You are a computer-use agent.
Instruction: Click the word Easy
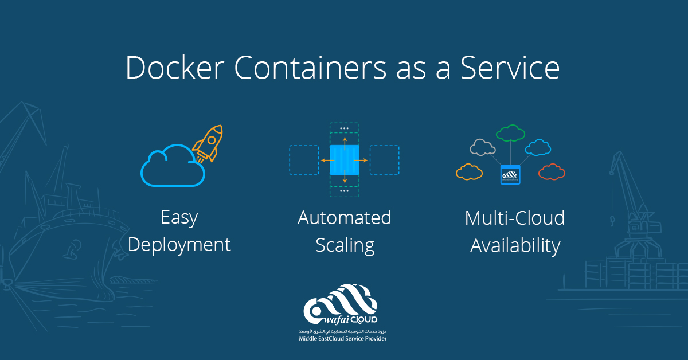[x=179, y=218]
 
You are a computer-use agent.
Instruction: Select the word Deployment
[x=179, y=245]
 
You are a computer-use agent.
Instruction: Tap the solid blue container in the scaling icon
[x=344, y=159]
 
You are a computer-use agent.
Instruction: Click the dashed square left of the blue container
[x=303, y=159]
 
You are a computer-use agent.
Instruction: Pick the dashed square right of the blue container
[x=384, y=159]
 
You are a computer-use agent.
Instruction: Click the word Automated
[x=344, y=218]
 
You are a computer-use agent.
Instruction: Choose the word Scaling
[x=344, y=245]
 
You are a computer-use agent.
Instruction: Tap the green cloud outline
[x=510, y=134]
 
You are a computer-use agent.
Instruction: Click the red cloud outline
[x=552, y=171]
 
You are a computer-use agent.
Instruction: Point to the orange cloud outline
[x=469, y=171]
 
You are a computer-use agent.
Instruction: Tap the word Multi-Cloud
[x=514, y=218]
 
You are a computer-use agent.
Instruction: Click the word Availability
[x=514, y=245]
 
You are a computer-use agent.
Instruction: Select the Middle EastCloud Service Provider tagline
[x=343, y=339]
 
